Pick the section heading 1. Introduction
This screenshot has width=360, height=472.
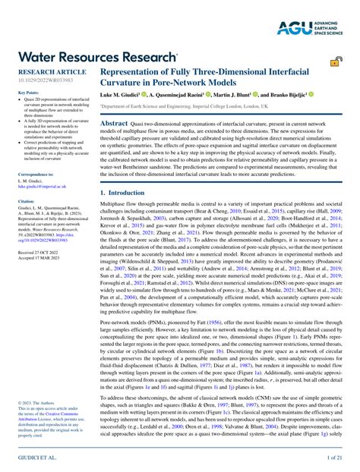tap(127, 194)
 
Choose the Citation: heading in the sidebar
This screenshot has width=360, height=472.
tap(27, 202)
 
